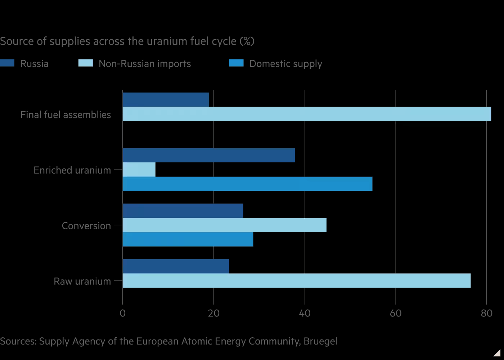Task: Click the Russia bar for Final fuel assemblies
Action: click(x=166, y=100)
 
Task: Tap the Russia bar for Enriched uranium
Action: click(x=209, y=155)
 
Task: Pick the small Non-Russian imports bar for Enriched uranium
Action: click(x=139, y=170)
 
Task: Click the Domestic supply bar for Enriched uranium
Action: click(x=247, y=184)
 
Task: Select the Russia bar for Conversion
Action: click(x=183, y=211)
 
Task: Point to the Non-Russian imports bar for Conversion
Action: click(x=224, y=225)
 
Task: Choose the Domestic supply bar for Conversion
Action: click(x=188, y=239)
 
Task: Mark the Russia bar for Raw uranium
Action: click(x=176, y=266)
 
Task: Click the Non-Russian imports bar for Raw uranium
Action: click(x=296, y=280)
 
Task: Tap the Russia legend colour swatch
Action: click(x=7, y=63)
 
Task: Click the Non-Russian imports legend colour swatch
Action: click(x=85, y=63)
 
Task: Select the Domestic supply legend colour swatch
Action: click(x=236, y=63)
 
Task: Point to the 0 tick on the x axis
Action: click(x=123, y=313)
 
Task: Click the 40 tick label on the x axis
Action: click(x=305, y=313)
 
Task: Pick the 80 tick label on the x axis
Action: click(x=486, y=313)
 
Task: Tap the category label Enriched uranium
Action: click(x=72, y=170)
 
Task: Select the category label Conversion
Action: click(x=86, y=226)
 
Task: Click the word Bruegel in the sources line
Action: click(x=320, y=341)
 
